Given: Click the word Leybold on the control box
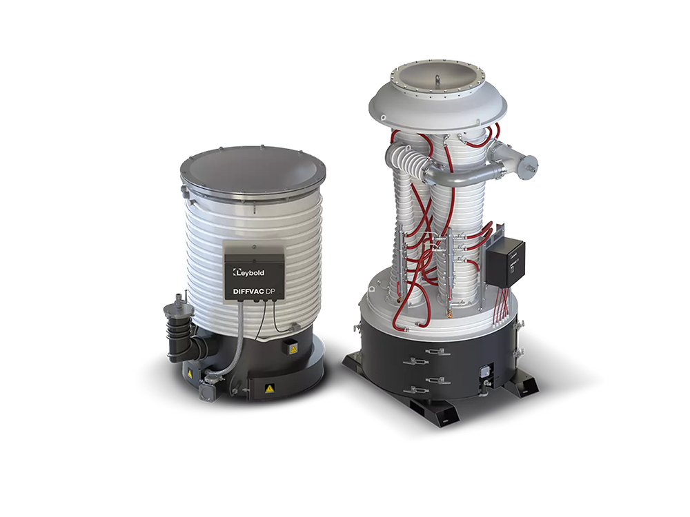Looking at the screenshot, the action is pos(252,273).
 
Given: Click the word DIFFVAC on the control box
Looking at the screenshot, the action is pos(245,291).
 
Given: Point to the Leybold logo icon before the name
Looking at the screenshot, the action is pos(235,272).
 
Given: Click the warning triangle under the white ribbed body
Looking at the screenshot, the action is pos(292,349).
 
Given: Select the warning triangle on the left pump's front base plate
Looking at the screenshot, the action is pos(268,388).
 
